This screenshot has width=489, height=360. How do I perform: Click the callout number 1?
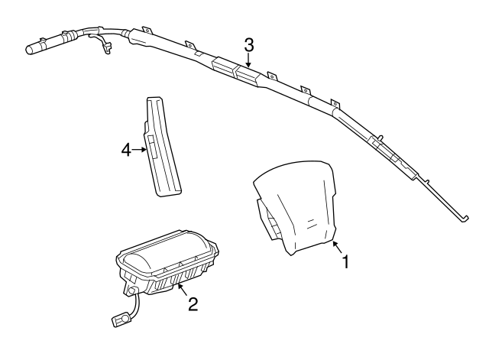[345, 262]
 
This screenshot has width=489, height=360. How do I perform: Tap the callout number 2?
[193, 305]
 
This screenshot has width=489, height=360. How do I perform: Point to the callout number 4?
[126, 151]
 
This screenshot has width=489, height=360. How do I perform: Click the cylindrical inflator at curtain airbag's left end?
[39, 47]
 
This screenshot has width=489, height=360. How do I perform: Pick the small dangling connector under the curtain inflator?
[105, 50]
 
